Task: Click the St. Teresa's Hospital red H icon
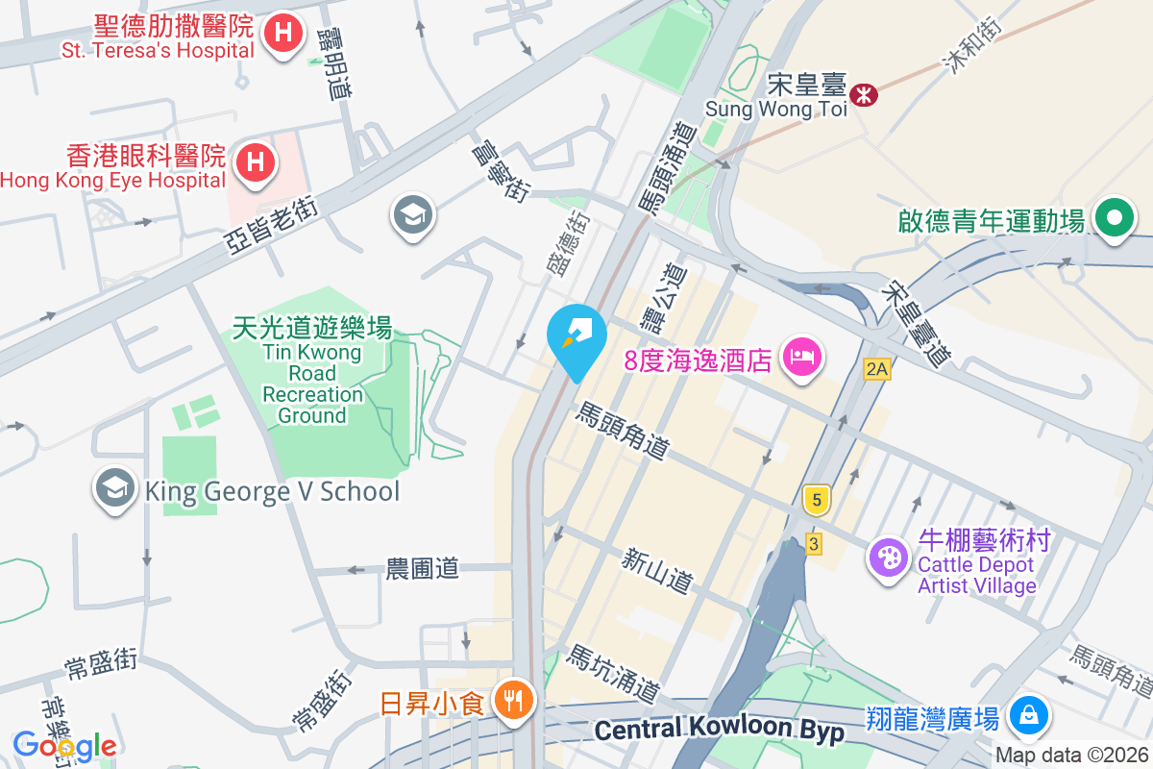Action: (x=282, y=35)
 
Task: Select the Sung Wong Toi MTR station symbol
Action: (x=864, y=95)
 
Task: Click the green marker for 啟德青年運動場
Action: (x=1114, y=218)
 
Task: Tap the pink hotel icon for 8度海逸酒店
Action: (x=799, y=358)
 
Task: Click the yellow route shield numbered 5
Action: (x=817, y=499)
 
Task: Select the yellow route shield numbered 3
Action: (x=815, y=545)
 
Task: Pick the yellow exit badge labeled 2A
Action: (x=875, y=369)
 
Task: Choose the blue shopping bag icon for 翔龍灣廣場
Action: (x=1028, y=715)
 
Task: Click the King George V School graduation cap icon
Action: (x=114, y=489)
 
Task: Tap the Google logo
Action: (x=64, y=746)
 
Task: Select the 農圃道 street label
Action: (x=422, y=568)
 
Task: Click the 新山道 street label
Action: (x=657, y=570)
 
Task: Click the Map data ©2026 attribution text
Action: (x=1071, y=756)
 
